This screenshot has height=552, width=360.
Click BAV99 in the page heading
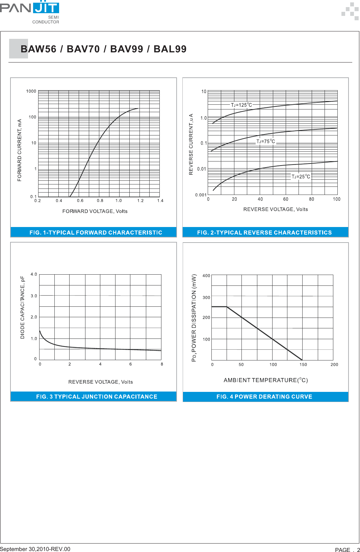point(127,49)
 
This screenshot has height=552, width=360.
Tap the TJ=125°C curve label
point(241,105)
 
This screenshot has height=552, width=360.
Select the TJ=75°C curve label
point(265,142)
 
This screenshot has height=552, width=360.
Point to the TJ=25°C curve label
point(301,177)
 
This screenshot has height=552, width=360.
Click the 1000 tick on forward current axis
point(31,91)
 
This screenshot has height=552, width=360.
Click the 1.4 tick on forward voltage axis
point(160,201)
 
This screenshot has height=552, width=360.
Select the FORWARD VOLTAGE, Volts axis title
point(95,211)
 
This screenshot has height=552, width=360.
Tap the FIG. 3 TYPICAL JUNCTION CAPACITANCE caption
point(97,397)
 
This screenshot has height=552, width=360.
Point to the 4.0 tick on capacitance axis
point(34,274)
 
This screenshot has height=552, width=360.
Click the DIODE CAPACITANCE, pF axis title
point(23,307)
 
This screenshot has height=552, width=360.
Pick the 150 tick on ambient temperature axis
point(303,365)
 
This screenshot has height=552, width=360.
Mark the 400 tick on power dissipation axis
point(206,276)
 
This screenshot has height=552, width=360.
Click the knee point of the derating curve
point(227,307)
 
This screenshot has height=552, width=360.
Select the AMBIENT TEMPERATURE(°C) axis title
point(265,380)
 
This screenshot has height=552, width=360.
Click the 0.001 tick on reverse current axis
point(201,195)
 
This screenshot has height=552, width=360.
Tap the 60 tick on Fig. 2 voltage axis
point(286,199)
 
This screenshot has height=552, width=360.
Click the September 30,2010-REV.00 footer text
point(35,549)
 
